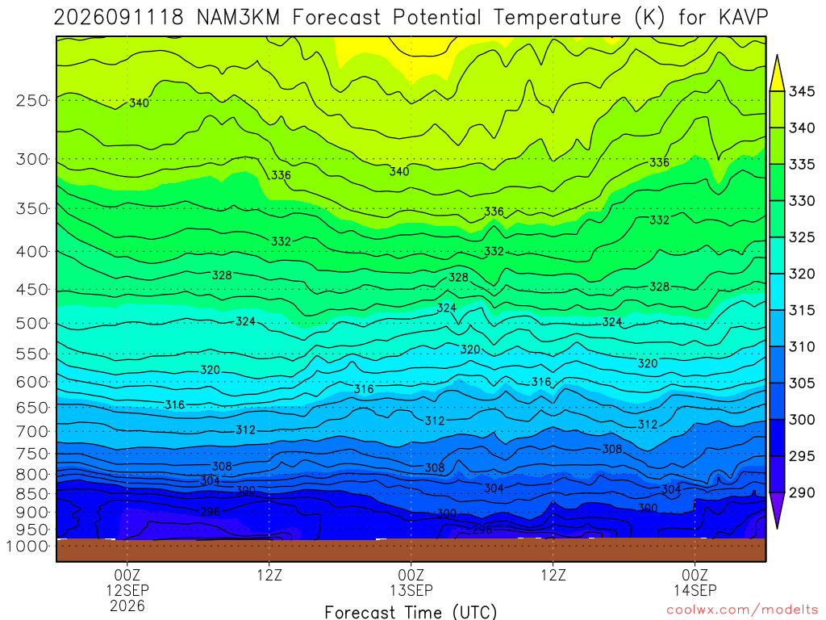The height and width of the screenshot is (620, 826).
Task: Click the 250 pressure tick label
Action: tap(32, 100)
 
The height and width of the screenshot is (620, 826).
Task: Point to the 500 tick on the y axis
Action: tap(32, 323)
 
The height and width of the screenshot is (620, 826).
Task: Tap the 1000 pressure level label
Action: tap(27, 547)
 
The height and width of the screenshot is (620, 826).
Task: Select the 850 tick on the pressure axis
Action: tap(32, 494)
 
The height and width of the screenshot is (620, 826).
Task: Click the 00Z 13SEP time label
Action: tap(411, 582)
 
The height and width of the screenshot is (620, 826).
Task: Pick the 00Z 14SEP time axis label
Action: tap(695, 582)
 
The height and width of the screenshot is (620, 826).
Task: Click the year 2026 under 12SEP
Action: tap(127, 605)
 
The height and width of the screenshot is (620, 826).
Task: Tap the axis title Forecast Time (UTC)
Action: tap(411, 612)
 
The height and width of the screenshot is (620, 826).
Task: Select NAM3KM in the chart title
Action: tap(238, 18)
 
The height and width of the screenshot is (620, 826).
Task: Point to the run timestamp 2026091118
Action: tap(119, 18)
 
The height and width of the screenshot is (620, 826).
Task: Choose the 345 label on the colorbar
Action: tap(801, 91)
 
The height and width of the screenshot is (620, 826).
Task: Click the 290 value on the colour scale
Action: tap(801, 492)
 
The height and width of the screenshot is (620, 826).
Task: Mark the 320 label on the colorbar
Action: tap(801, 274)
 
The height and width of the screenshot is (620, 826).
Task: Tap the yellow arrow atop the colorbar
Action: tap(777, 73)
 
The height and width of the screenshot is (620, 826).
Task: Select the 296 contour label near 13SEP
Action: tap(482, 530)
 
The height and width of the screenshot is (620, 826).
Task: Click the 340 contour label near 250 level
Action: tap(139, 103)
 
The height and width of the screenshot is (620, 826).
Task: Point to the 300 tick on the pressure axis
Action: tap(32, 159)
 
